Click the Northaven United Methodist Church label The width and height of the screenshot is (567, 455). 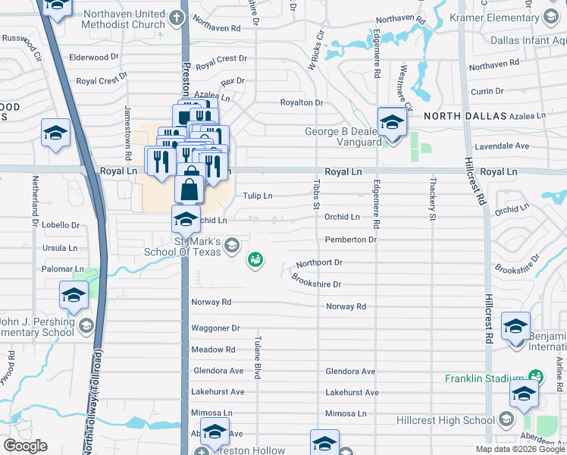click(x=124, y=20)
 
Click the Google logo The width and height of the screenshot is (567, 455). click(x=25, y=446)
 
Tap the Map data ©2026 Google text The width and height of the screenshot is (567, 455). click(x=519, y=449)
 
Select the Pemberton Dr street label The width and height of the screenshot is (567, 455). click(x=350, y=240)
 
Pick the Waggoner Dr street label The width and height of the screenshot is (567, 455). click(x=216, y=328)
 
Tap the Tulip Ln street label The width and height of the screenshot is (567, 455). click(x=257, y=196)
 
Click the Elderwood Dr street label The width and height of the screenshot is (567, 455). click(x=94, y=57)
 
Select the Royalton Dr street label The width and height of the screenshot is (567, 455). click(x=302, y=102)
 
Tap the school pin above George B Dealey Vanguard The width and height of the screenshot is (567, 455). click(x=392, y=122)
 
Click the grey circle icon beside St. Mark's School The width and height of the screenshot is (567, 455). click(x=233, y=245)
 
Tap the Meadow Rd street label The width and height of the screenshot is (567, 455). click(x=214, y=350)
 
